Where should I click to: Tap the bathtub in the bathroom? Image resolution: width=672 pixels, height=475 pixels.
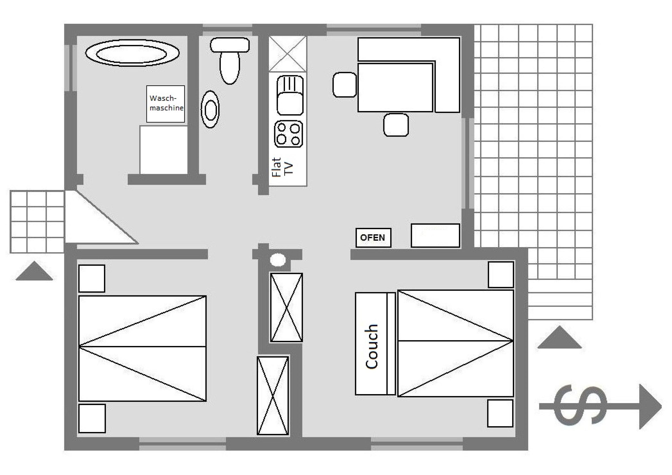[132, 53]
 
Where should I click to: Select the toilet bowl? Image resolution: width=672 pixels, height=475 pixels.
[230, 67]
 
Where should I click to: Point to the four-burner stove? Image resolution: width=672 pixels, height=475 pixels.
[289, 134]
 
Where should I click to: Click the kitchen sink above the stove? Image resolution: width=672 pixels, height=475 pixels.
[290, 95]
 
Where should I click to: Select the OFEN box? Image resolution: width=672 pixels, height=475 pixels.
[373, 238]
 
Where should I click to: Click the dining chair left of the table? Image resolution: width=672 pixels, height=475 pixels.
[345, 84]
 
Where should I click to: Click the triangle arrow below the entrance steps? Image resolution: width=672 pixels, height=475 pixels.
[34, 271]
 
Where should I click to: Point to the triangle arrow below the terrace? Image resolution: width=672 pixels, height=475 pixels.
[559, 337]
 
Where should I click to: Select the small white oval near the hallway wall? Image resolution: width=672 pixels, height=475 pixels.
[278, 260]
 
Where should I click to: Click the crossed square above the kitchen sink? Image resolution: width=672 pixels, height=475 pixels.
[288, 54]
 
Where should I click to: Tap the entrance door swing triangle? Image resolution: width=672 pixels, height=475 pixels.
[101, 217]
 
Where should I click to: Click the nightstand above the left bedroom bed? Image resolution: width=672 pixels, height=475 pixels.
[92, 278]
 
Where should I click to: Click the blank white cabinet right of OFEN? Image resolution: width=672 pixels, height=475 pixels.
[435, 236]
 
